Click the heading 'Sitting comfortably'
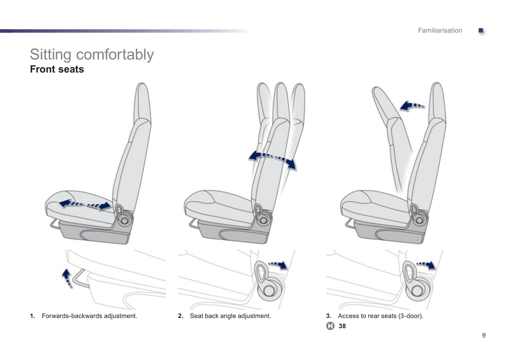click(x=92, y=54)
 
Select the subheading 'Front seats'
click(x=57, y=69)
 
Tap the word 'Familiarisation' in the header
click(x=440, y=31)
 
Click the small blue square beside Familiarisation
click(x=481, y=31)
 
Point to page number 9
click(x=483, y=335)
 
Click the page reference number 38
click(x=342, y=326)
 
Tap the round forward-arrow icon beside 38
click(x=330, y=326)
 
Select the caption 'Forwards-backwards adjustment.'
click(x=89, y=316)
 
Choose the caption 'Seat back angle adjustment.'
click(x=230, y=316)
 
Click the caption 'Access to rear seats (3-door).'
click(x=380, y=316)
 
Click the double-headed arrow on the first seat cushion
click(x=85, y=205)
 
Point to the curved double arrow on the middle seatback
click(x=272, y=160)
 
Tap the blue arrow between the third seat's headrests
click(x=412, y=106)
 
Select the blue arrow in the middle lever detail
click(x=278, y=265)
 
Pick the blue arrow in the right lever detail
click(x=426, y=265)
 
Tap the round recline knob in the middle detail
click(x=269, y=291)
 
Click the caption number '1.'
click(x=32, y=316)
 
